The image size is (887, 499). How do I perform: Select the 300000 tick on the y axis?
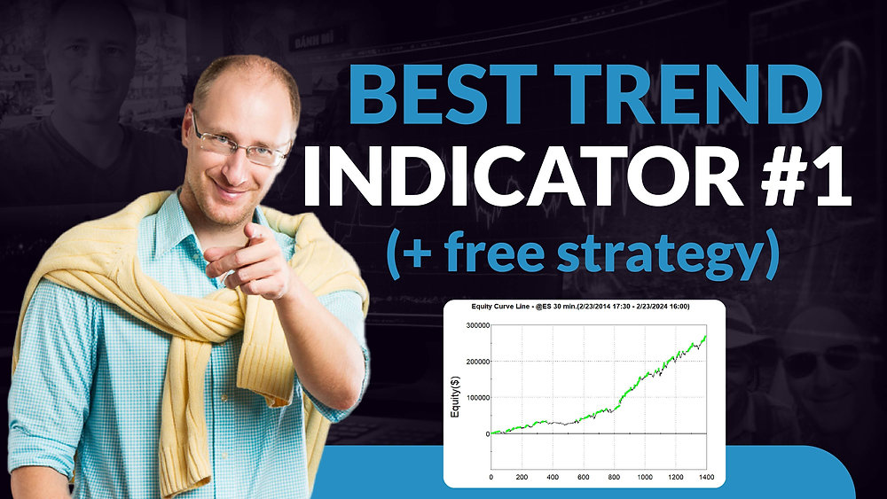point(473,325)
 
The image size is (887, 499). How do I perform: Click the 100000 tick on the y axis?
point(473,397)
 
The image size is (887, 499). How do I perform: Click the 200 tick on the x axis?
point(521,477)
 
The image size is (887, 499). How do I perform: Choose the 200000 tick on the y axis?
point(473,362)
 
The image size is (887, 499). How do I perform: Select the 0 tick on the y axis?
point(484,433)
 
